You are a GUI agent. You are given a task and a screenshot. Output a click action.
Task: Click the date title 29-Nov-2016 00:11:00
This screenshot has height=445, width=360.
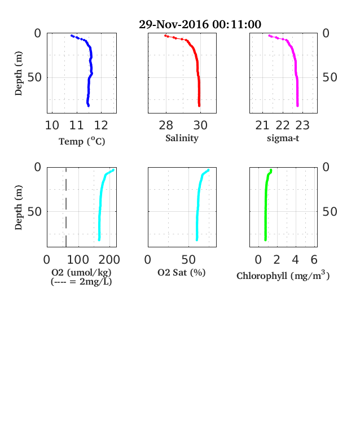click(x=200, y=24)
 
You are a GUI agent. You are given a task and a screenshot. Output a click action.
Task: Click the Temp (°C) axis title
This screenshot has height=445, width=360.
click(x=82, y=141)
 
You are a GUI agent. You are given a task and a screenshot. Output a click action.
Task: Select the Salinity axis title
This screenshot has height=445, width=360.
click(x=182, y=138)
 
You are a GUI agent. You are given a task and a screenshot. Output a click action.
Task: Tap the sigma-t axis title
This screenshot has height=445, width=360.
click(x=283, y=138)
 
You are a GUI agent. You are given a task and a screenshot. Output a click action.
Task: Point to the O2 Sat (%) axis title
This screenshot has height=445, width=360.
click(x=182, y=272)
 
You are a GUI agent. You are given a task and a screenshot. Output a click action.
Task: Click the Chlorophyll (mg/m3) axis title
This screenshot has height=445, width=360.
click(x=283, y=275)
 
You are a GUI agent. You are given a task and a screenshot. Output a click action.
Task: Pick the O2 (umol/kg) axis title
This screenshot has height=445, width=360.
click(x=81, y=272)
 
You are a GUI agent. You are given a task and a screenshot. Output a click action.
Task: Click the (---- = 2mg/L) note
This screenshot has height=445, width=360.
click(x=81, y=282)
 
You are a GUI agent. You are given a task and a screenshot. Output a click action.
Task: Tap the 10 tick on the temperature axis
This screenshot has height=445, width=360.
click(x=52, y=125)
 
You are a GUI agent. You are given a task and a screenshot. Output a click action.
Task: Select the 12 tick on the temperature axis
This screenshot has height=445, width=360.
click(x=101, y=125)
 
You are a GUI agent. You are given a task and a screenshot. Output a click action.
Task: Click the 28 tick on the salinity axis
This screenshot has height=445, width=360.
click(x=166, y=125)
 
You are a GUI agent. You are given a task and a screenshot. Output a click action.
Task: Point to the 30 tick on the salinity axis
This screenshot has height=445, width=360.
click(x=200, y=125)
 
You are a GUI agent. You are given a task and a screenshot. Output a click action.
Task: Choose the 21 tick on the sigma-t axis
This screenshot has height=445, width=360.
click(x=262, y=125)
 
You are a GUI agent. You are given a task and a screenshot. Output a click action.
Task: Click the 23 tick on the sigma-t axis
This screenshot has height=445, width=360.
click(x=302, y=125)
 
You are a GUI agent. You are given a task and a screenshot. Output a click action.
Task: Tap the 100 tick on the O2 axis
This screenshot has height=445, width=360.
click(x=78, y=259)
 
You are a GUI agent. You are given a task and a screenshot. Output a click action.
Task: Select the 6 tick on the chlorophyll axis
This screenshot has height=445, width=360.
click(x=314, y=259)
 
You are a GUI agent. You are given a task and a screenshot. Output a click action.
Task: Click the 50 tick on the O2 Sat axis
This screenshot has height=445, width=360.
click(x=188, y=259)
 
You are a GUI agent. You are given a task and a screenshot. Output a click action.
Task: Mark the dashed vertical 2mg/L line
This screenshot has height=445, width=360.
click(x=66, y=207)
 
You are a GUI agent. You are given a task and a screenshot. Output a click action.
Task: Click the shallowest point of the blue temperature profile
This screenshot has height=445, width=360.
click(x=72, y=36)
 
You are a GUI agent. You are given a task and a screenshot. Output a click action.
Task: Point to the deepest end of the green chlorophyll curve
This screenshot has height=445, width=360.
click(x=265, y=240)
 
